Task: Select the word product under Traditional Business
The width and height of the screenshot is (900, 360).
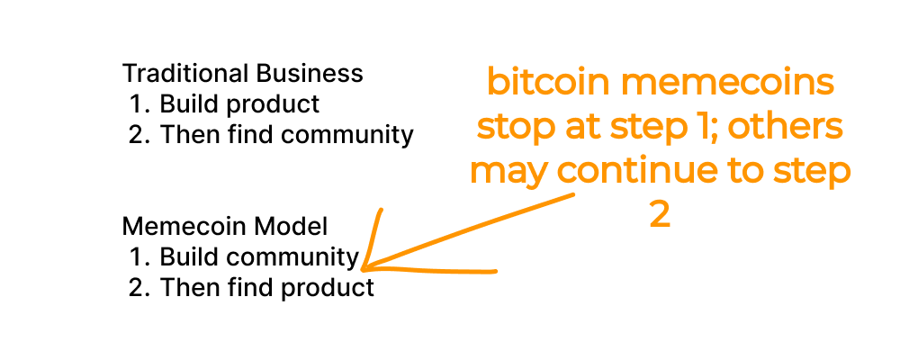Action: (273, 104)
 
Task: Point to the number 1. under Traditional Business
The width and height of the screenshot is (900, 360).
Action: (139, 104)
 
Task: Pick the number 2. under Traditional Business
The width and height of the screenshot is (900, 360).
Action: (139, 135)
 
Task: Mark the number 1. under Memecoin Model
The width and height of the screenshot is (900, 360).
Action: (139, 257)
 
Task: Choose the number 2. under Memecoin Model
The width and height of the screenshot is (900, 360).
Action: (139, 288)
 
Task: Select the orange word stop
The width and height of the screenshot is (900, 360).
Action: (516, 128)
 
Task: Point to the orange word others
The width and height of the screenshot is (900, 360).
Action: (785, 128)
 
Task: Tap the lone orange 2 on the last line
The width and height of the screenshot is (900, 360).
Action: (660, 215)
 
